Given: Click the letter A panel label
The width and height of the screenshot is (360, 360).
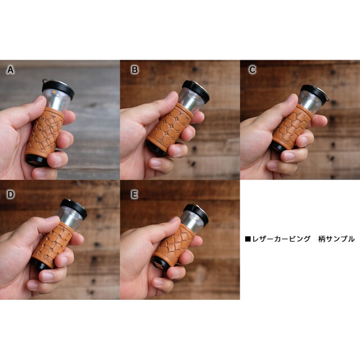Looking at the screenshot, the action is click(10, 70).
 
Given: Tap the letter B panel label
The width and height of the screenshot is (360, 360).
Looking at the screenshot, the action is click(134, 70).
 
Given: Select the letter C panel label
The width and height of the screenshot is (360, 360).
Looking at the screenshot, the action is click(253, 70).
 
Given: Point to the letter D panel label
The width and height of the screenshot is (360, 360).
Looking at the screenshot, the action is click(10, 195).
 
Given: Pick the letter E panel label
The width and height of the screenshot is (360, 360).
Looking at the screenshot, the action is click(134, 195).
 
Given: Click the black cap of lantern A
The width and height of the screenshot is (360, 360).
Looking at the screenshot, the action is click(58, 88).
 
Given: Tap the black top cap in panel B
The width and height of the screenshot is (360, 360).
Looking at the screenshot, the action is click(196, 90).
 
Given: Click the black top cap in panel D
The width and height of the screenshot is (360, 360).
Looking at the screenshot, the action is click(74, 208).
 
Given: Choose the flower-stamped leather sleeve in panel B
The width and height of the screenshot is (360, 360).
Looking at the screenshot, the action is click(170, 128).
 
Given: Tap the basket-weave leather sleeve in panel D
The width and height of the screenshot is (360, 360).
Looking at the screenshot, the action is click(53, 245).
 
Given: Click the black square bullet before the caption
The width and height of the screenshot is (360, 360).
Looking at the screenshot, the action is click(247, 239).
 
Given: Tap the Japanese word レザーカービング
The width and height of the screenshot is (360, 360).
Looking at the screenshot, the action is click(281, 239).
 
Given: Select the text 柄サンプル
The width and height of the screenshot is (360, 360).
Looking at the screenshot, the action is click(336, 239).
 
